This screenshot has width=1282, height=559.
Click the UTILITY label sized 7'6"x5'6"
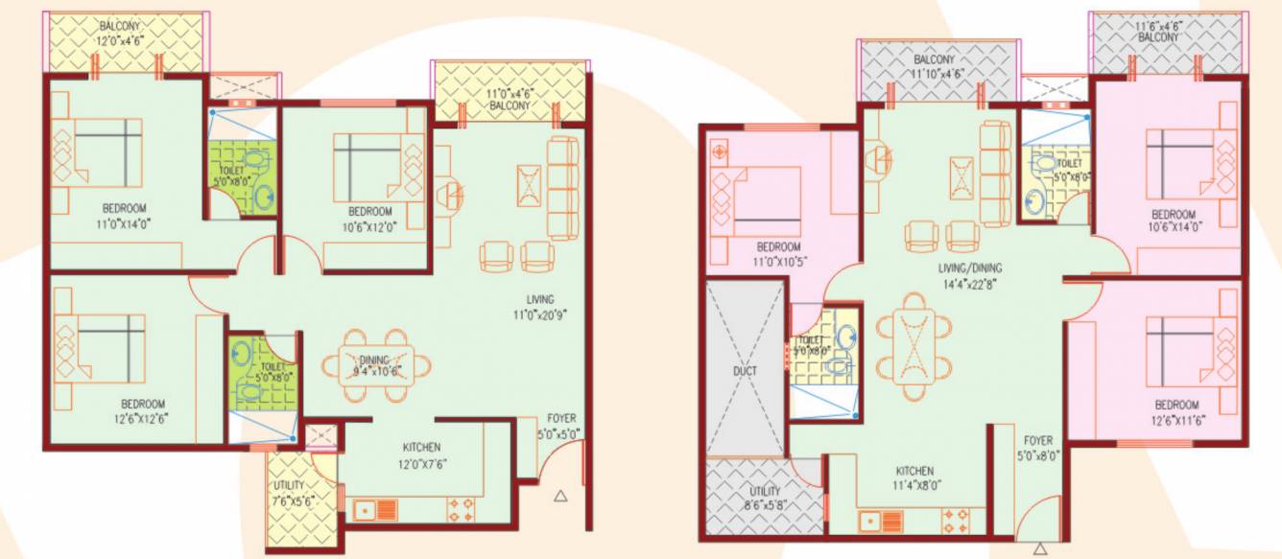289,486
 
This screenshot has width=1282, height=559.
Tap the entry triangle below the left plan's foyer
561,497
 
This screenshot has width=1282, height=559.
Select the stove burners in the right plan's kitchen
956,522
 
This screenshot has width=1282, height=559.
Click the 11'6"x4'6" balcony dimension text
1157,27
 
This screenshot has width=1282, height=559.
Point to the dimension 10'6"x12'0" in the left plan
369,226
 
